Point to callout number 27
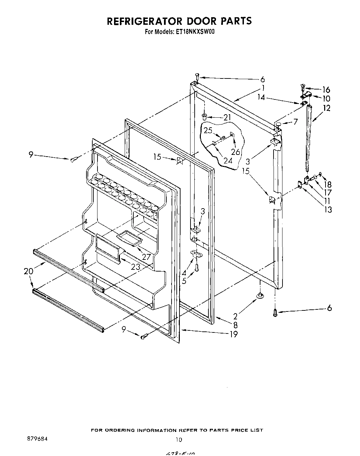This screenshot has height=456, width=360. click(146, 256)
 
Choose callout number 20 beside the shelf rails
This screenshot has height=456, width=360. click(29, 271)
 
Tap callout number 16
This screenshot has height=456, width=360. click(326, 90)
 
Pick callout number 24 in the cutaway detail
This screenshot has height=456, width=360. click(227, 160)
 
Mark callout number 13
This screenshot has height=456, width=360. click(328, 209)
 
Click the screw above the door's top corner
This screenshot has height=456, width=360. click(197, 75)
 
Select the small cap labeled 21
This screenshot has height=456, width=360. click(204, 115)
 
